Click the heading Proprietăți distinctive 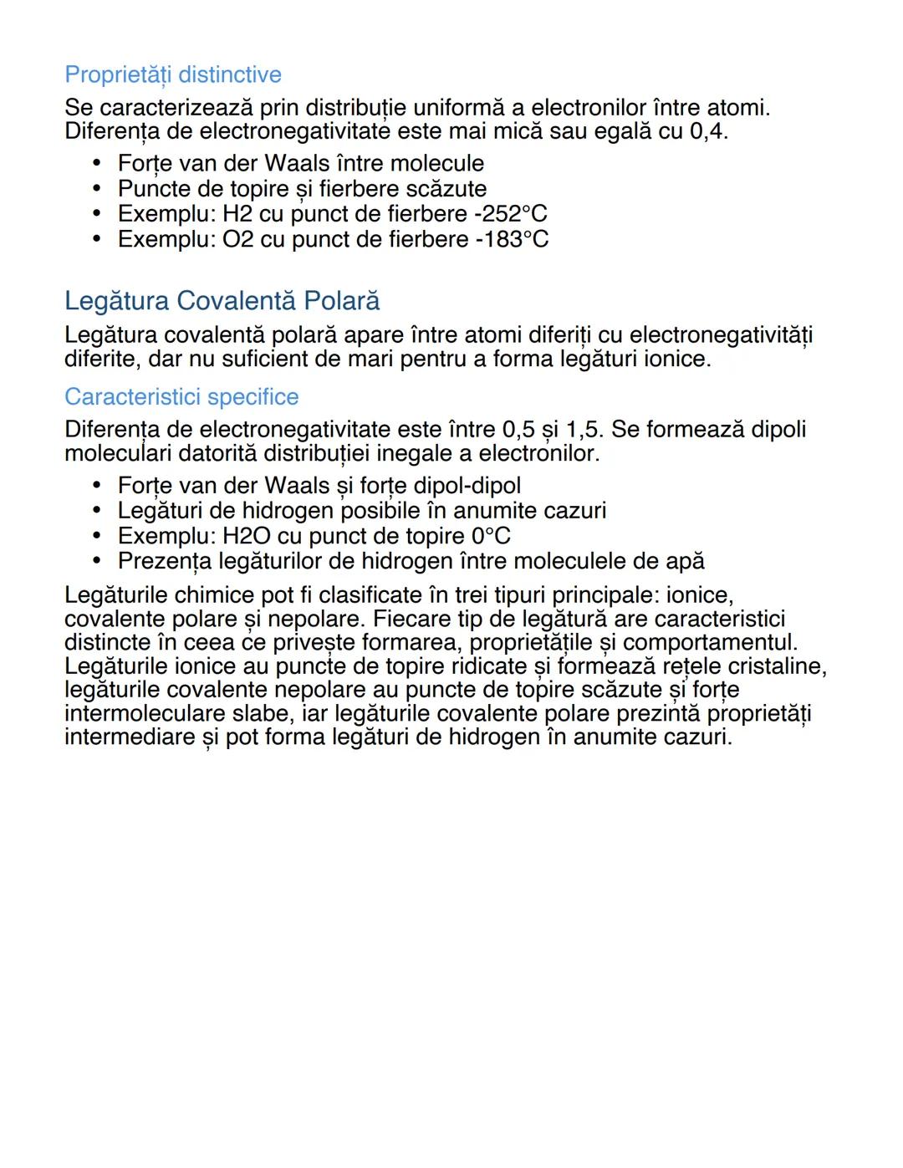pyautogui.click(x=173, y=75)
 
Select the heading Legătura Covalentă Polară pyautogui.click(x=222, y=301)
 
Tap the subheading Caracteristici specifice pyautogui.click(x=181, y=396)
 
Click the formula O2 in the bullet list pyautogui.click(x=238, y=239)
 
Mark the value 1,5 pyautogui.click(x=585, y=430)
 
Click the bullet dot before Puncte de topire pyautogui.click(x=98, y=189)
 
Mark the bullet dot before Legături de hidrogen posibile pyautogui.click(x=98, y=511)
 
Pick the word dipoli pyautogui.click(x=778, y=430)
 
